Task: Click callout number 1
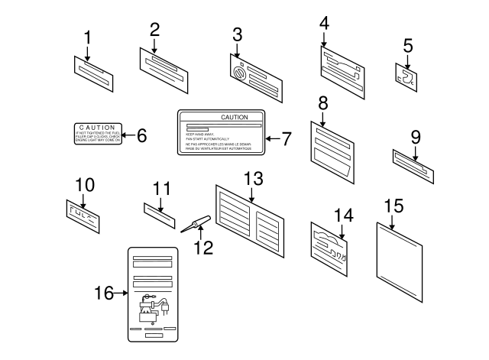[87, 36]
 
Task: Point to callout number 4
[324, 23]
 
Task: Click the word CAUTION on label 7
[234, 117]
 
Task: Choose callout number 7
[287, 139]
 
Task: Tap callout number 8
[323, 101]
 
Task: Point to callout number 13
[253, 178]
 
